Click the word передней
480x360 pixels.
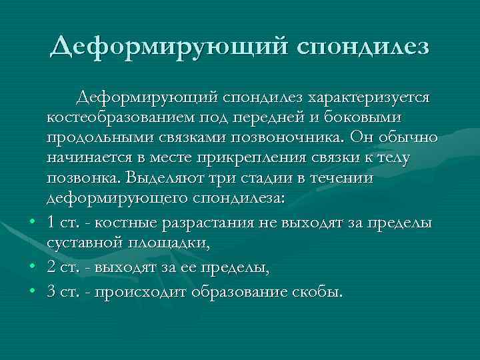coord(285,117)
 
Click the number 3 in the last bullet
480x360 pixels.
coord(51,291)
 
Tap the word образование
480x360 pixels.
coord(240,291)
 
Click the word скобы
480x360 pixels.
coord(317,291)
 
